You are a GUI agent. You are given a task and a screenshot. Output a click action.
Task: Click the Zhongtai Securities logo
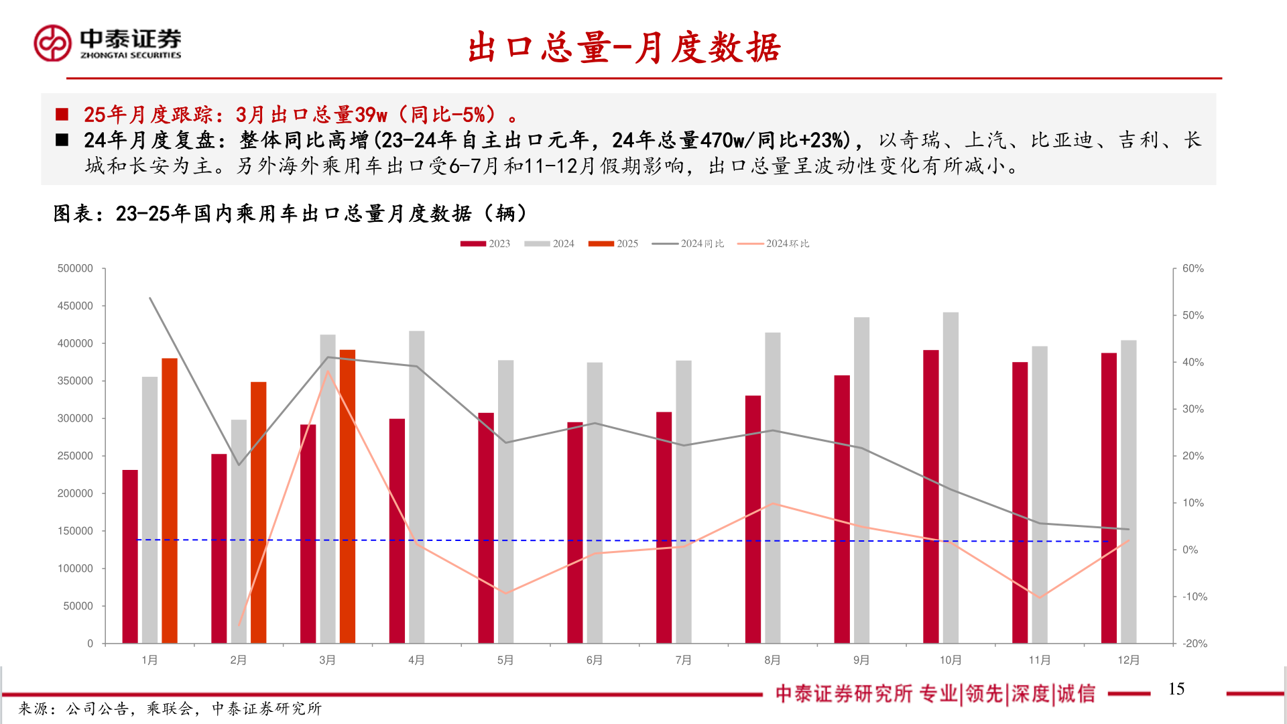pos(107,44)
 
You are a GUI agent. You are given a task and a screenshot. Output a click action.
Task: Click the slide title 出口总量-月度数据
pos(624,48)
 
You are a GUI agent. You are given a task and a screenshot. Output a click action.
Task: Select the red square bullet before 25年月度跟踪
pos(62,115)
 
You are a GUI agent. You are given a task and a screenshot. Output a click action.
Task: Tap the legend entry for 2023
pos(485,244)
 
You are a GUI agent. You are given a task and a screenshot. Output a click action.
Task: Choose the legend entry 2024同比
pos(688,244)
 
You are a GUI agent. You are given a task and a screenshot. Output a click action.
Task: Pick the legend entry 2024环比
pos(774,244)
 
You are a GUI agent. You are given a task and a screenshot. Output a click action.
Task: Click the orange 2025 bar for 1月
pos(170,501)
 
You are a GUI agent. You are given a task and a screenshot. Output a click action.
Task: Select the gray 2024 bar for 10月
pos(951,477)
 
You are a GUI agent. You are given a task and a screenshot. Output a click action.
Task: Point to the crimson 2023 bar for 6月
pos(575,533)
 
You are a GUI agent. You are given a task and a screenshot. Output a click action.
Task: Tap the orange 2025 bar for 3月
pos(347,496)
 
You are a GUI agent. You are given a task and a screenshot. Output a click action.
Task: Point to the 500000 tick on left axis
pos(75,268)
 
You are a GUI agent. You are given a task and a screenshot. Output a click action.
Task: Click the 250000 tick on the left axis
pos(75,456)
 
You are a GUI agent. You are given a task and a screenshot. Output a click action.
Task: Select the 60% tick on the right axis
pos(1193,268)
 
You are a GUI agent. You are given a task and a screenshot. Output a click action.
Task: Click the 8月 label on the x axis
pos(772,660)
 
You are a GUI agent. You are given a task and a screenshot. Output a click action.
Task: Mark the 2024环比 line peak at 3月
pos(328,371)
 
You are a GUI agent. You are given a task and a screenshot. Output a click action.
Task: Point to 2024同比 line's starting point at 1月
pos(150,298)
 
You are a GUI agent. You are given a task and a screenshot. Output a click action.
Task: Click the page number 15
pos(1176,689)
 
